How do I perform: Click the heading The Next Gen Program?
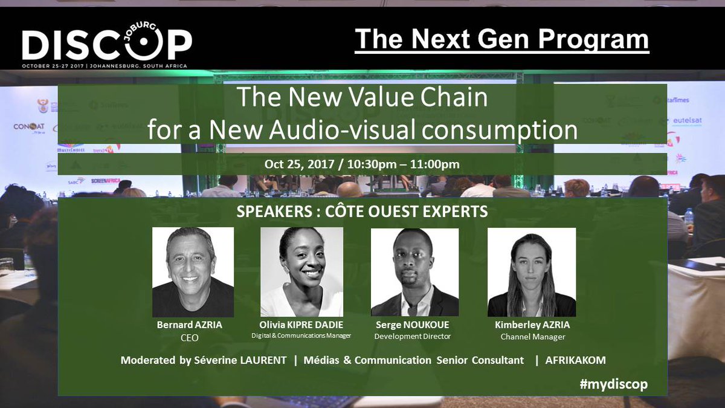501,39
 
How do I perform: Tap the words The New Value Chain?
362,98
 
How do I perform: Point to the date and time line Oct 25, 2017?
362,164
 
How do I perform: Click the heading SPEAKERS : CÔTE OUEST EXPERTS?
362,213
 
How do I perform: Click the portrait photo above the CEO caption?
193,272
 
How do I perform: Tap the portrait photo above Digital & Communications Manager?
301,272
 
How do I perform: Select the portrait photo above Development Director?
414,272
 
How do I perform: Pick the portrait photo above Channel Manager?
532,272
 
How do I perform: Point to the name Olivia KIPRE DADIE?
301,325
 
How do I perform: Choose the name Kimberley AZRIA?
532,325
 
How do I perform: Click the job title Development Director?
413,337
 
